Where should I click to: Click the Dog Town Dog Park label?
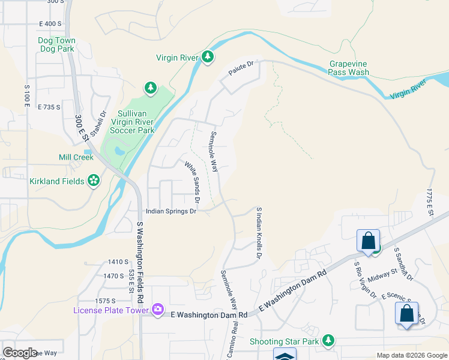point(56,44)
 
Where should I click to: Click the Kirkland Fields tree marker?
point(93,181)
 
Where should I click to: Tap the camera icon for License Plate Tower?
point(157,310)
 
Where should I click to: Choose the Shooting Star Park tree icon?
point(328,341)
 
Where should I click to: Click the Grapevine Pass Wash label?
point(348,68)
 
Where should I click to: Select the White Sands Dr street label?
point(191,182)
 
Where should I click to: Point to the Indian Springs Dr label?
point(172,211)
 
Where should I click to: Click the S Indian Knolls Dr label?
point(259,233)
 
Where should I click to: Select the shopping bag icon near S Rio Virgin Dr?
point(367,241)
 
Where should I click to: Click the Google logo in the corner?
point(20,353)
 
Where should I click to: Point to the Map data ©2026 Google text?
point(412,355)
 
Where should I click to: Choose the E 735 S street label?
point(49,107)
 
